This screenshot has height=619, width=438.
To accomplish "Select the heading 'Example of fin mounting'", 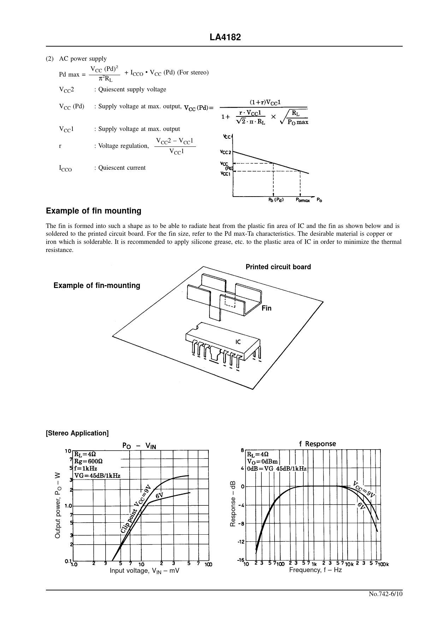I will (x=94, y=211).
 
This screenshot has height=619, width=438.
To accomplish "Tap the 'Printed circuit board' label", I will (x=278, y=267).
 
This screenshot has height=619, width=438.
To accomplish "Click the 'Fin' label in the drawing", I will (x=266, y=308).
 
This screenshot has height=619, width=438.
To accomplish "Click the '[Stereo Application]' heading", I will (x=77, y=433).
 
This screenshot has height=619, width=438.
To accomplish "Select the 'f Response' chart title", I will (x=318, y=444).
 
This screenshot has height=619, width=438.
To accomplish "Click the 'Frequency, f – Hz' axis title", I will (x=315, y=570).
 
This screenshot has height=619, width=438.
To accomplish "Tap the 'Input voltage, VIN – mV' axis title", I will (x=144, y=571).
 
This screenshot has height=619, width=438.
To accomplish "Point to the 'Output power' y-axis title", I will (x=58, y=505).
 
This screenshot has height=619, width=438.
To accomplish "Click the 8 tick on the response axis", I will (x=242, y=450).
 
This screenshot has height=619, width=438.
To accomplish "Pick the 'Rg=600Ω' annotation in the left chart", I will (x=88, y=461).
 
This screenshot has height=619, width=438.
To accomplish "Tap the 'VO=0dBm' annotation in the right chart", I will (x=263, y=461).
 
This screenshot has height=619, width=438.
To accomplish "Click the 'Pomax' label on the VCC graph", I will (x=303, y=200).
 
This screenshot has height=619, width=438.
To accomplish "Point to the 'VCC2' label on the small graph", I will (x=225, y=152).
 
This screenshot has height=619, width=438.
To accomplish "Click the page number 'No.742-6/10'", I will (x=385, y=594).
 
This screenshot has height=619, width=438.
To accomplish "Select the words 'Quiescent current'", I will (x=122, y=168).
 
